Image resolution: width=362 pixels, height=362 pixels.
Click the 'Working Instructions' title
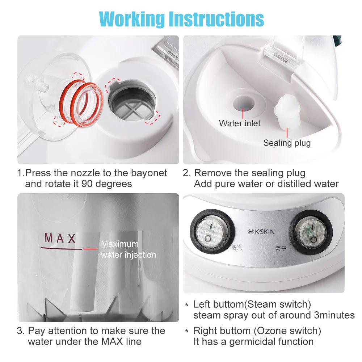point(181,18)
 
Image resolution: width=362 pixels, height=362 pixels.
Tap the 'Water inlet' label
point(240,123)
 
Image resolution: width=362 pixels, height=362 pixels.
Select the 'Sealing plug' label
point(287,143)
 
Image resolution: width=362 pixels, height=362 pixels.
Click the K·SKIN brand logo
point(260,232)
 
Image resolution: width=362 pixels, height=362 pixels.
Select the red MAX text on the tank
point(60,239)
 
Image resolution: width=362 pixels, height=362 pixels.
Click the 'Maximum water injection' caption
point(129,249)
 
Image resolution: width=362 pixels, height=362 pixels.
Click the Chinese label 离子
point(281,249)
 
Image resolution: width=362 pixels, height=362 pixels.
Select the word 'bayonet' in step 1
point(148,173)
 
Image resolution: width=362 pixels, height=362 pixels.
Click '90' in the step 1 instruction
point(87,184)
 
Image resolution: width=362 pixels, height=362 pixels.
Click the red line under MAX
point(69,249)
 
